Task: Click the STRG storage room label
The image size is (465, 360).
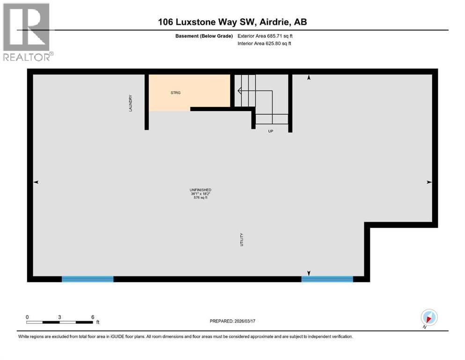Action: point(176,93)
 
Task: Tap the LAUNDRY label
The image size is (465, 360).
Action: point(131,103)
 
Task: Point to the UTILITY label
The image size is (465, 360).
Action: point(242,240)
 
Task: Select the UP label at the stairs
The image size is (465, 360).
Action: point(270,131)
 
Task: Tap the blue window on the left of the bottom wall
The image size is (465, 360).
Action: point(88,279)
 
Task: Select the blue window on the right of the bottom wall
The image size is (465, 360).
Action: point(327,279)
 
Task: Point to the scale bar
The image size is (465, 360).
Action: point(59,322)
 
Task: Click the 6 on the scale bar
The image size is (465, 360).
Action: point(93,317)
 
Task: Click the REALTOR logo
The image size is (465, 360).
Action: point(27,32)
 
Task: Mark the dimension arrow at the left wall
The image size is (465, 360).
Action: point(36,182)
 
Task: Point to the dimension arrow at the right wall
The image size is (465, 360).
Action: point(429,182)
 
